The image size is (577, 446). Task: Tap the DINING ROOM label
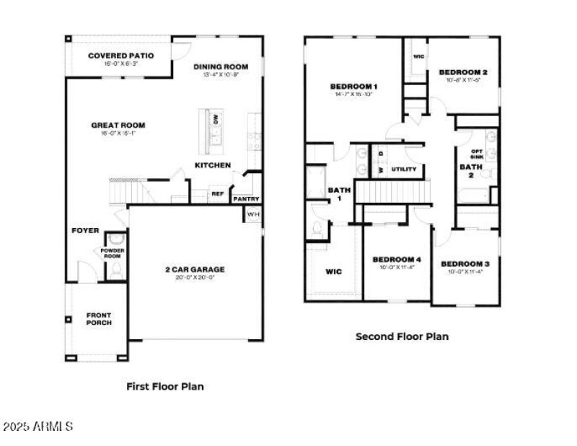point(221,68)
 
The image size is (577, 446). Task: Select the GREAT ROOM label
point(113,126)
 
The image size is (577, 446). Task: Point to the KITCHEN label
point(213,165)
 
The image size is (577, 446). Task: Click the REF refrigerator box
point(216,193)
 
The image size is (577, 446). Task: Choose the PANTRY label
point(246,199)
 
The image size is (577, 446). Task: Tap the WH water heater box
point(253,214)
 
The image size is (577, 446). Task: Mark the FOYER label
point(85,231)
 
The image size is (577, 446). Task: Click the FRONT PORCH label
point(99,318)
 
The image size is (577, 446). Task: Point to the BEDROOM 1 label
point(353,87)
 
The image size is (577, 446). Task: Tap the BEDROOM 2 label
point(464,72)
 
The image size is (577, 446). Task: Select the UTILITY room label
point(404,170)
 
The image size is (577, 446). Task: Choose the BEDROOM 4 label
point(397,260)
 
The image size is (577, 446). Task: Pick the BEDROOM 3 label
point(465,263)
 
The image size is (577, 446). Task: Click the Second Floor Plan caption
point(402,336)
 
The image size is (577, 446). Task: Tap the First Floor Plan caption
point(165,386)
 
